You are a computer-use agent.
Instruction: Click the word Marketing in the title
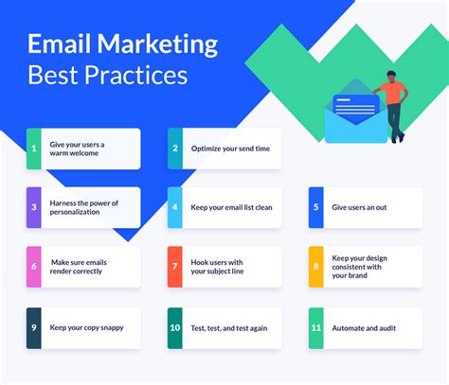(157, 44)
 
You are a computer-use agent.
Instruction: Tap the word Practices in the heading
(135, 75)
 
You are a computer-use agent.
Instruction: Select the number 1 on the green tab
(34, 149)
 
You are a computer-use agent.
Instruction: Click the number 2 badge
(175, 149)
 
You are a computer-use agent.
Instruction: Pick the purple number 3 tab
(34, 207)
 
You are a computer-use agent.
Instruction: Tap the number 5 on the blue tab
(315, 207)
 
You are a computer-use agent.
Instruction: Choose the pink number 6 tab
(34, 267)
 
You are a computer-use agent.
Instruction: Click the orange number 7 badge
(175, 267)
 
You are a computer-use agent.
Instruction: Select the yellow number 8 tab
(316, 267)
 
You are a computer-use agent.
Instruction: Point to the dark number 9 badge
(34, 328)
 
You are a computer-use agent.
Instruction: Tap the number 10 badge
(175, 328)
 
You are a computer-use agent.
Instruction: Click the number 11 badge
(316, 328)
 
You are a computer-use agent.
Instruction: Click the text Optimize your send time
(230, 149)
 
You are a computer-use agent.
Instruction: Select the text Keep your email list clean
(231, 207)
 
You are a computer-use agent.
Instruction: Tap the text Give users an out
(359, 207)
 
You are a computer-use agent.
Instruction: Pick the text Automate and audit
(364, 328)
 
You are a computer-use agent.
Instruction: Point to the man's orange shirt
(393, 93)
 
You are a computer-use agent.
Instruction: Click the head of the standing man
(391, 77)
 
